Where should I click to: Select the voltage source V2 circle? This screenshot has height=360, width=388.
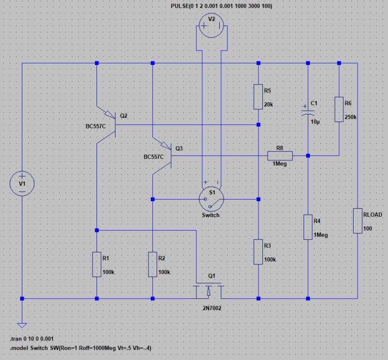click(x=211, y=26)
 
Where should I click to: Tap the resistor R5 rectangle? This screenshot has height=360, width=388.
click(x=259, y=96)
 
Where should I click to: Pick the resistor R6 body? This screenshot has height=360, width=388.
click(x=339, y=109)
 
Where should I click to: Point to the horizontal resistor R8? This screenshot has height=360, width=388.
click(x=280, y=156)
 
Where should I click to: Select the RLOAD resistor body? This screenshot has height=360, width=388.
click(x=357, y=221)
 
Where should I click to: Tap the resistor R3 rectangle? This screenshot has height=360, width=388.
click(x=259, y=252)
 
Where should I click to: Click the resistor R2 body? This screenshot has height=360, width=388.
click(x=153, y=264)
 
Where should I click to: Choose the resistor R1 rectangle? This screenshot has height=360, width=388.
click(x=97, y=264)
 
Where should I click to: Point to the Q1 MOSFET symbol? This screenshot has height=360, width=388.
click(x=209, y=289)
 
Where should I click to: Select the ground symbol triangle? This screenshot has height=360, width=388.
click(x=22, y=326)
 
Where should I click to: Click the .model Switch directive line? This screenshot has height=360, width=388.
click(x=83, y=348)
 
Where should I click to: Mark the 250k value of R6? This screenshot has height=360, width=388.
click(x=350, y=117)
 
